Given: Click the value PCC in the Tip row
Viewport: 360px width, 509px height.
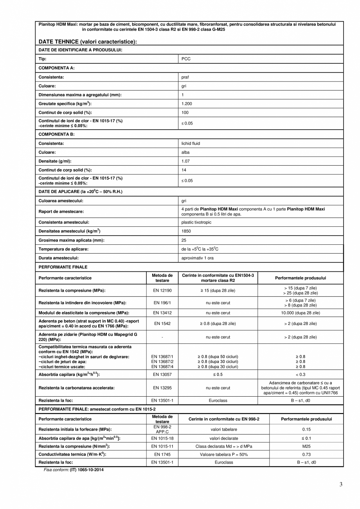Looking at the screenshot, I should (186, 59).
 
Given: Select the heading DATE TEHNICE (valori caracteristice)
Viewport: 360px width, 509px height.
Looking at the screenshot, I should (88, 42).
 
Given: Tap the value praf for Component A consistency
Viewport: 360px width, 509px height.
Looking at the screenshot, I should (185, 77).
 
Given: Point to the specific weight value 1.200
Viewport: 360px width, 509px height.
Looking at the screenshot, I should (187, 104).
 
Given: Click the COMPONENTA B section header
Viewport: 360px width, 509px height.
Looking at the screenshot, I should (56, 134).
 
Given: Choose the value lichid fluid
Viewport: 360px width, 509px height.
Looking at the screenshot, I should (191, 143).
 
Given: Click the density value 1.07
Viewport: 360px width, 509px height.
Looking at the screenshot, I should (185, 161).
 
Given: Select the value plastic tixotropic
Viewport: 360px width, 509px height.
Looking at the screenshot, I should (196, 222).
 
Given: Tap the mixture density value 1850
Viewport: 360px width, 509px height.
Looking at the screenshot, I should (186, 231).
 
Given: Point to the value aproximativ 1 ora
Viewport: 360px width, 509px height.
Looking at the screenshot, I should (197, 258).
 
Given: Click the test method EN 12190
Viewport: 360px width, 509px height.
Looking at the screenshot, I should (162, 291).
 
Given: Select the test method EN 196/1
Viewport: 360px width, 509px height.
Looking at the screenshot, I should (162, 303).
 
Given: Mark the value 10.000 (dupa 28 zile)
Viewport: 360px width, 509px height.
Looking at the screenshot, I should (300, 313).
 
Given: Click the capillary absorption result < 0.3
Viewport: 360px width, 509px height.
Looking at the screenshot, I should (301, 374).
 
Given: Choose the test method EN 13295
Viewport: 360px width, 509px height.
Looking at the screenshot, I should (162, 388).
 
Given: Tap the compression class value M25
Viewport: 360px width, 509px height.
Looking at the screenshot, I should (306, 446).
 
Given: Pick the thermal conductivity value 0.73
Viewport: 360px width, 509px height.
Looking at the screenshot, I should (306, 454).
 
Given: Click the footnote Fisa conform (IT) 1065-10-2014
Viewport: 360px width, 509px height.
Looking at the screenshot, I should (74, 469).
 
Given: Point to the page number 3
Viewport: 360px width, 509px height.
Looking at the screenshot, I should (341, 484).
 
